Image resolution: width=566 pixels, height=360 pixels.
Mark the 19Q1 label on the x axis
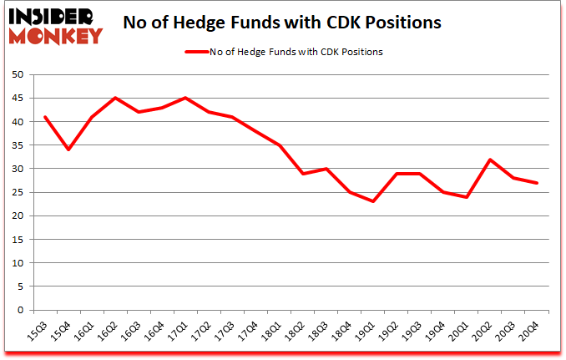(x=375, y=332)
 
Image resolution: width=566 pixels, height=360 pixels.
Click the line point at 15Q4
(x=68, y=150)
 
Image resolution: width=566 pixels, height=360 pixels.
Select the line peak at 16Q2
(x=116, y=98)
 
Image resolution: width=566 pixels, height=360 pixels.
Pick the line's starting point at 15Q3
(x=44, y=117)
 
